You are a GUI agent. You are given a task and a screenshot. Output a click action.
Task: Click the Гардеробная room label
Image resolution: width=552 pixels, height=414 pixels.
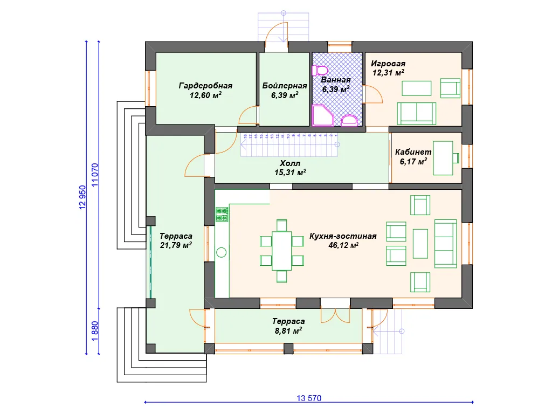pos(205,85)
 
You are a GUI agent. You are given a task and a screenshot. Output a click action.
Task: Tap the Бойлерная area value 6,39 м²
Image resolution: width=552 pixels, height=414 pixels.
pos(285,95)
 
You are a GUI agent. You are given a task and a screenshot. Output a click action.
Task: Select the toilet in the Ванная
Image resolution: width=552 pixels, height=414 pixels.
pos(321,70)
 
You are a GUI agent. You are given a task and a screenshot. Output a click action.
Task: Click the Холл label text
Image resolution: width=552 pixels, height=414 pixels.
pos(290,163)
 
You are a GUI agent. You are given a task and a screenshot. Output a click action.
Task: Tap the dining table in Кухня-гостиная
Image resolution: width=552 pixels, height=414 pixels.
pos(281,250)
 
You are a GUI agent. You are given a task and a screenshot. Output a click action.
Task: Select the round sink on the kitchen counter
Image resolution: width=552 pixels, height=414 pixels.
pos(222,251)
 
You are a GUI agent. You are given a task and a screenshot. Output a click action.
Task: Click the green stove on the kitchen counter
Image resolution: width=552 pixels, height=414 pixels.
pos(222,215)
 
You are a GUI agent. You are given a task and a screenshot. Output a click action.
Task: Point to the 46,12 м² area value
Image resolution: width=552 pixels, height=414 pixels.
pos(343,245)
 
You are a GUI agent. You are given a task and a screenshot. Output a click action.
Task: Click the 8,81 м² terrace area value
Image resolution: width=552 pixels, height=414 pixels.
pos(288,330)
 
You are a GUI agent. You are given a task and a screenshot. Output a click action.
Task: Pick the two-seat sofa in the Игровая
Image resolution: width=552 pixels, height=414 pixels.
pos(417,112)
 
